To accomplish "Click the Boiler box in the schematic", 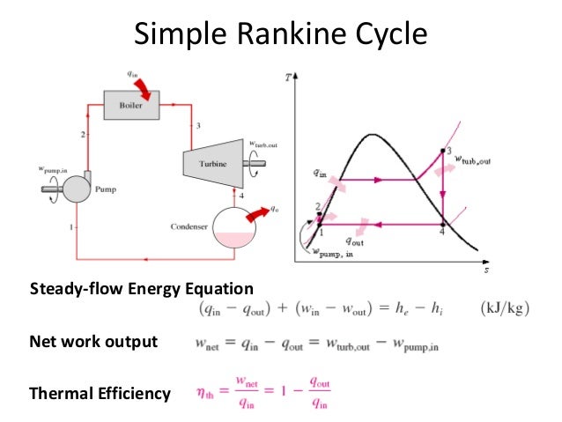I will pos(129,105).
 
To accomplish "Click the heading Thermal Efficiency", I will pos(100,394).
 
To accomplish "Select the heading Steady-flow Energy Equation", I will pos(141,289).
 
